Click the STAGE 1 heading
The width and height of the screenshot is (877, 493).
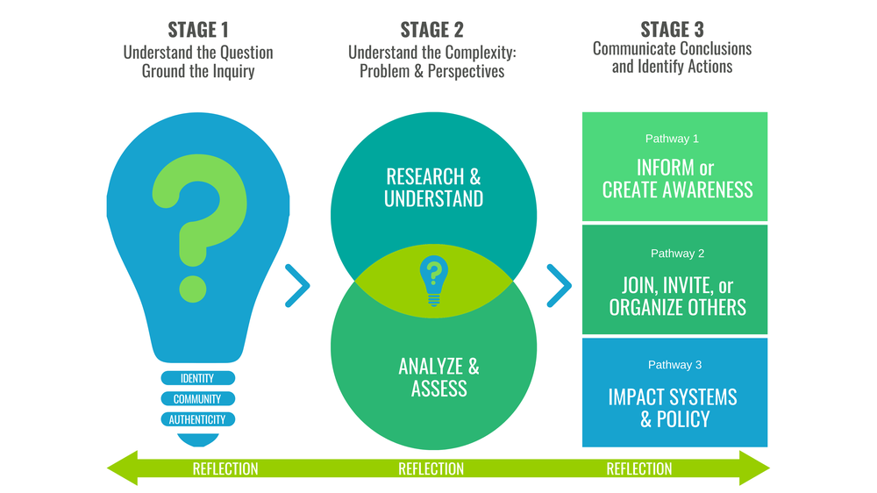pos(198,30)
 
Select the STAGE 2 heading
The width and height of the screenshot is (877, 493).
pos(431,30)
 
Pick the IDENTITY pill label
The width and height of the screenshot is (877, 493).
pos(198,378)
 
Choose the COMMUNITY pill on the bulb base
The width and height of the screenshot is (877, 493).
pos(198,399)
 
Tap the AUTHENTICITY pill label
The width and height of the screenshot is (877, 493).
pos(198,419)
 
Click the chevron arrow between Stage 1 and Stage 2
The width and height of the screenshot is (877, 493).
pos(298,286)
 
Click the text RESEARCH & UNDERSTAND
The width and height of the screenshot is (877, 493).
pos(433,187)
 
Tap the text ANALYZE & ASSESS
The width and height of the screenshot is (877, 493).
pos(438,376)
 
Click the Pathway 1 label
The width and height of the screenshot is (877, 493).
pos(672,139)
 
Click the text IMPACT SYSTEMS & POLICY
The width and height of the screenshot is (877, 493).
pos(673,407)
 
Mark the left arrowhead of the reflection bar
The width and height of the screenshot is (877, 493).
pos(124,468)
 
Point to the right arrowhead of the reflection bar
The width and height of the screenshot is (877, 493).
pos(754,468)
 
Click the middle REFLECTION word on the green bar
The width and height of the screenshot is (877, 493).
pos(431,469)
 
